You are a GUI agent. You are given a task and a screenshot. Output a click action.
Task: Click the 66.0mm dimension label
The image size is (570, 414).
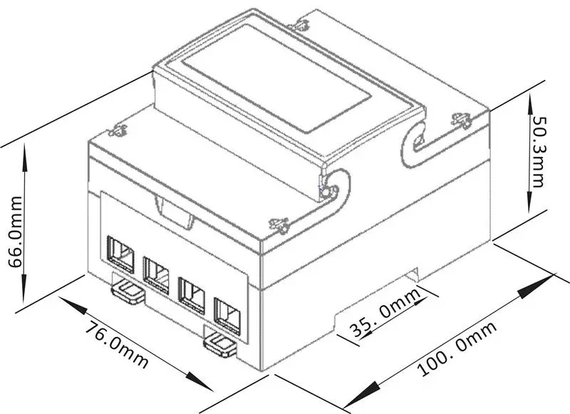(15, 232)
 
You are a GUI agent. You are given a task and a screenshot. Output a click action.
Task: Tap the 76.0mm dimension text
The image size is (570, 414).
(117, 345)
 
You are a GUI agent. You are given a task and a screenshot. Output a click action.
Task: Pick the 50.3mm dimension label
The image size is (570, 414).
(539, 152)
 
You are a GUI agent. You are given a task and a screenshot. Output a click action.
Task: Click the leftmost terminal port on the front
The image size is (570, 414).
(120, 254)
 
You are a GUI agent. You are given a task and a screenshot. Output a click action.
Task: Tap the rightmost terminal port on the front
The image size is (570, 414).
(227, 316)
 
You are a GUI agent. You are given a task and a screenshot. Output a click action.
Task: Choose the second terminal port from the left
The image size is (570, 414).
(156, 275)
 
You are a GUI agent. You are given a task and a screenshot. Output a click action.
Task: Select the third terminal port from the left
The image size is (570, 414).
(192, 296)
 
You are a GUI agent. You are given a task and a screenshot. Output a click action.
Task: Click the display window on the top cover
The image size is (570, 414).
(276, 78)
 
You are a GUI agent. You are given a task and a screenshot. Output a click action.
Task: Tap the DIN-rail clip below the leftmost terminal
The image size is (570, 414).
(128, 290)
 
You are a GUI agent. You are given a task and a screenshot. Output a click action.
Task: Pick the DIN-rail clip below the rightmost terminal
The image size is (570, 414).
(219, 346)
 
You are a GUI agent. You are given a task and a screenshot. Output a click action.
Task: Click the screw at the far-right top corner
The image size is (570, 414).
(462, 120)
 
